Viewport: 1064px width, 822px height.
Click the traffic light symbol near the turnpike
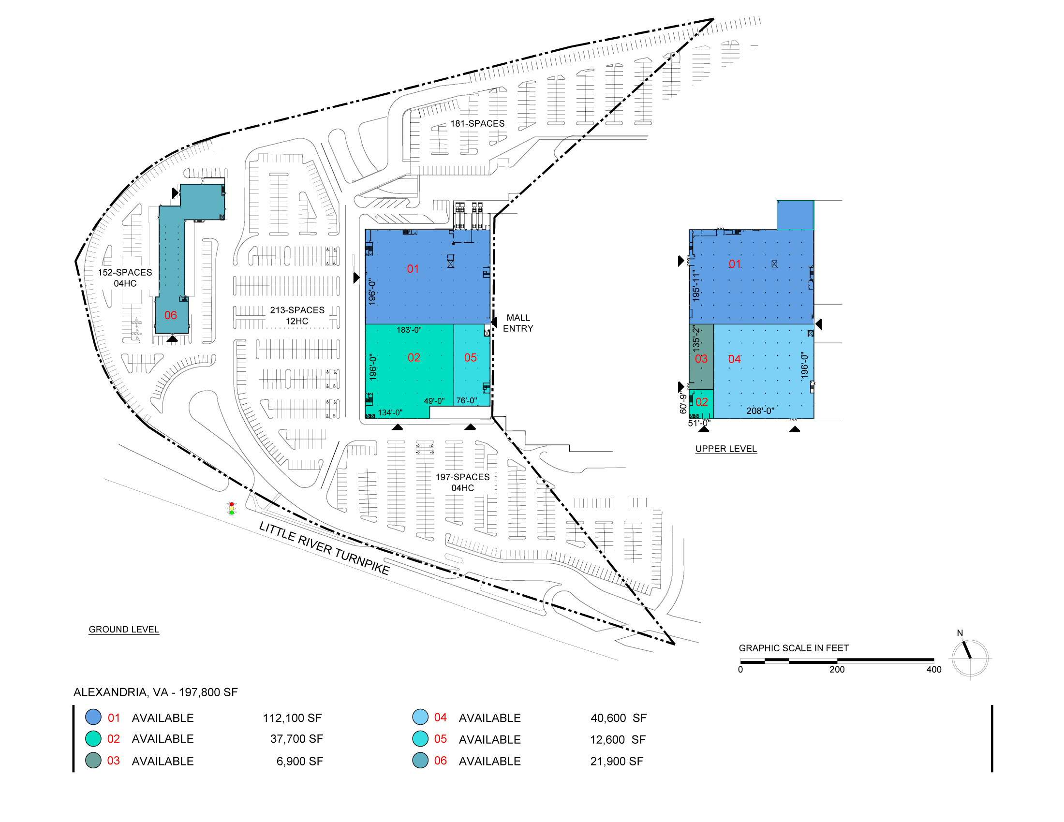tap(232, 508)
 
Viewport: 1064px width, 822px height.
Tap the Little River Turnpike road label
tap(325, 548)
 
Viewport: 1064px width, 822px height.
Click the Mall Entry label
tap(518, 323)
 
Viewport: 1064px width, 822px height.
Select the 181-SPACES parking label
tap(477, 124)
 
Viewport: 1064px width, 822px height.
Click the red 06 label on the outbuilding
tap(171, 316)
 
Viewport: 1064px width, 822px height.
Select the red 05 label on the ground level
tap(471, 358)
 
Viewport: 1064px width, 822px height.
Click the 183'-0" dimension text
tap(409, 330)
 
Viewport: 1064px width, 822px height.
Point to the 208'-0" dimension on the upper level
tap(760, 411)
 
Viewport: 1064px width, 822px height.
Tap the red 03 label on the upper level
tap(701, 359)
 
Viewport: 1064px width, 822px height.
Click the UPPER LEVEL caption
tap(726, 449)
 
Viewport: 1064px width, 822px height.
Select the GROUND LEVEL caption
tap(124, 630)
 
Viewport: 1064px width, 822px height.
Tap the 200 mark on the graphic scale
tap(837, 670)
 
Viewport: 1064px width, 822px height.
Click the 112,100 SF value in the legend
tap(292, 718)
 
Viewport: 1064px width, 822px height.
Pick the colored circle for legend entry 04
tap(420, 717)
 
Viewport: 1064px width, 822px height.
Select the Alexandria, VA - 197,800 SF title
tap(155, 692)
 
